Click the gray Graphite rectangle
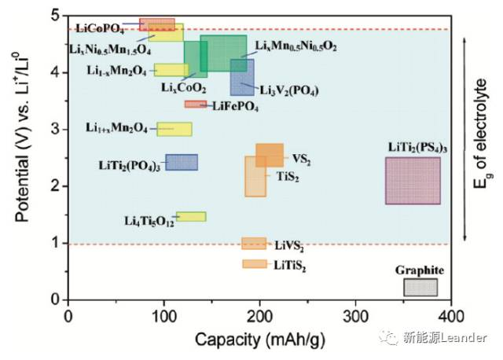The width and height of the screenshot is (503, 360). [420, 287]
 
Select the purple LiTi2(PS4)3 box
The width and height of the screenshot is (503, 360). [412, 181]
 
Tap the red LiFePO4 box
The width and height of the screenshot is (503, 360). [194, 104]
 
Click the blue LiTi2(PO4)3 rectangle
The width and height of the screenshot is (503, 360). [181, 162]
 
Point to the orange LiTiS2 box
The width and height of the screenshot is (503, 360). [255, 264]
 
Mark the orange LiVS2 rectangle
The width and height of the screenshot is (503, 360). [254, 244]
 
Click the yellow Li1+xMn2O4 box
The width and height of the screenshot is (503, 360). [174, 129]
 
